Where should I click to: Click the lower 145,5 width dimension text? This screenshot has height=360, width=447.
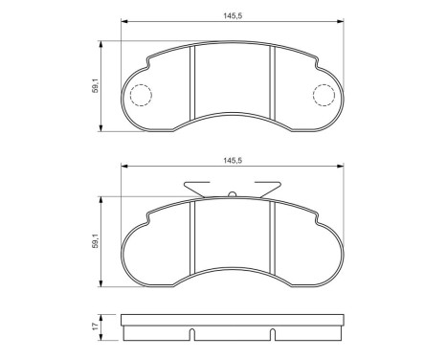pos(233,161)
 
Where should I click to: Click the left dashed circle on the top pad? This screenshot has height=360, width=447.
pos(141,95)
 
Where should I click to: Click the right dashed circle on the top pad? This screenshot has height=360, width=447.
pos(325,95)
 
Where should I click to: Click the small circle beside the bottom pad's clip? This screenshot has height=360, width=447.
pos(233,194)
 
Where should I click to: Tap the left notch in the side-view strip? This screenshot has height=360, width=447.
pos(193,336)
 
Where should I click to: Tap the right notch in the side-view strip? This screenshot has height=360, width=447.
pos(273,336)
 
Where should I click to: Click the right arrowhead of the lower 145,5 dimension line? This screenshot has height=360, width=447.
pos(342,169)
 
